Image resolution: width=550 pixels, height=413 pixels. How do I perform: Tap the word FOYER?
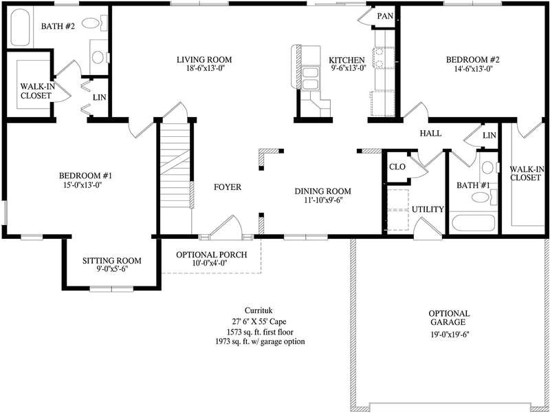(227, 187)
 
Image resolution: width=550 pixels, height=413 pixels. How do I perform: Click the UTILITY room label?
(428, 209)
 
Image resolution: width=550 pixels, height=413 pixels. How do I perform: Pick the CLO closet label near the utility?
(397, 167)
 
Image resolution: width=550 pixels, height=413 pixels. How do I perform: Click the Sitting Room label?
(111, 261)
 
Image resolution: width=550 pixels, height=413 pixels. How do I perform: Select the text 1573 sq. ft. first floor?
(259, 331)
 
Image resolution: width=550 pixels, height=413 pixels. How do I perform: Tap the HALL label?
(430, 134)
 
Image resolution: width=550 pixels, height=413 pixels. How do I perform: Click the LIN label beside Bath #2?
(99, 98)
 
